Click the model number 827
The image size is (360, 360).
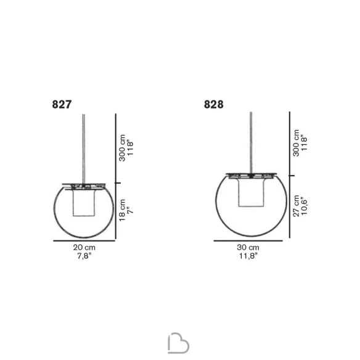62,104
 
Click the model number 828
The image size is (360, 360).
213,104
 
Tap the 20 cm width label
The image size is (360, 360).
84,248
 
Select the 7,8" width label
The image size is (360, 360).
84,256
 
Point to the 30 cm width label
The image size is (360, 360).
248,248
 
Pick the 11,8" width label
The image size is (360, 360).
248,256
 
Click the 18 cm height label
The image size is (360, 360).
122,210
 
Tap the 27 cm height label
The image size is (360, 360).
296,206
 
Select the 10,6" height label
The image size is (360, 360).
304,206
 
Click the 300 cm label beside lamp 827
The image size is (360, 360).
122,148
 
